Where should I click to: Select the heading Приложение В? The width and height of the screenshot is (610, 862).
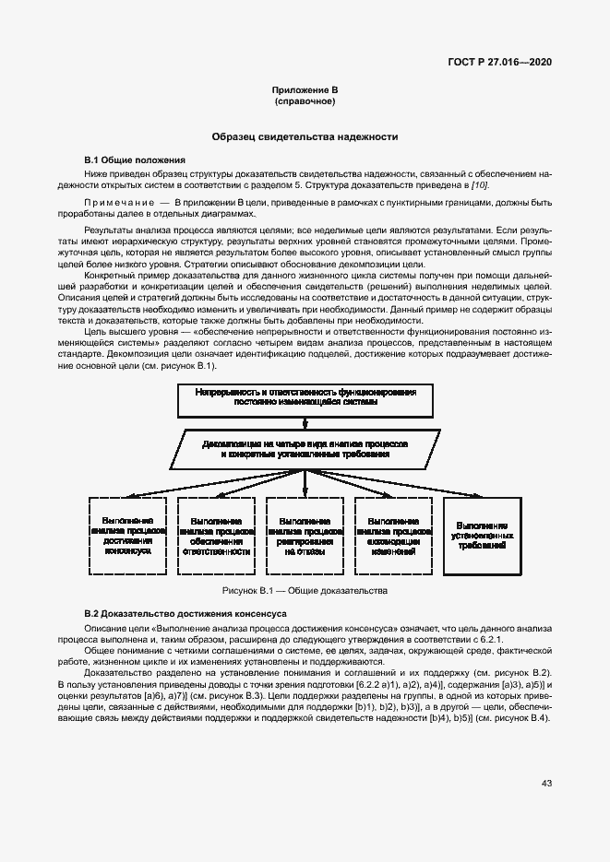305,89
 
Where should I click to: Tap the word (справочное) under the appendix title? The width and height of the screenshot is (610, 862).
305,100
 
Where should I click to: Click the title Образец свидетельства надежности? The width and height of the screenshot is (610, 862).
305,136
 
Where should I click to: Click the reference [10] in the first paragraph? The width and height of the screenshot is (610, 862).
480,184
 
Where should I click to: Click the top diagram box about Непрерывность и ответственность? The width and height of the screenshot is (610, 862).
305,397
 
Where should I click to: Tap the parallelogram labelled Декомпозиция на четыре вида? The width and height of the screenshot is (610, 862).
305,448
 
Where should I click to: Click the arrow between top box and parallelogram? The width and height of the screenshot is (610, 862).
305,421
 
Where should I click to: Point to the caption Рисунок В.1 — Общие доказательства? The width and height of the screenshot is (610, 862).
305,590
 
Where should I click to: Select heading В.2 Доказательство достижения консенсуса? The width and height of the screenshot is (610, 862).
173,613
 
